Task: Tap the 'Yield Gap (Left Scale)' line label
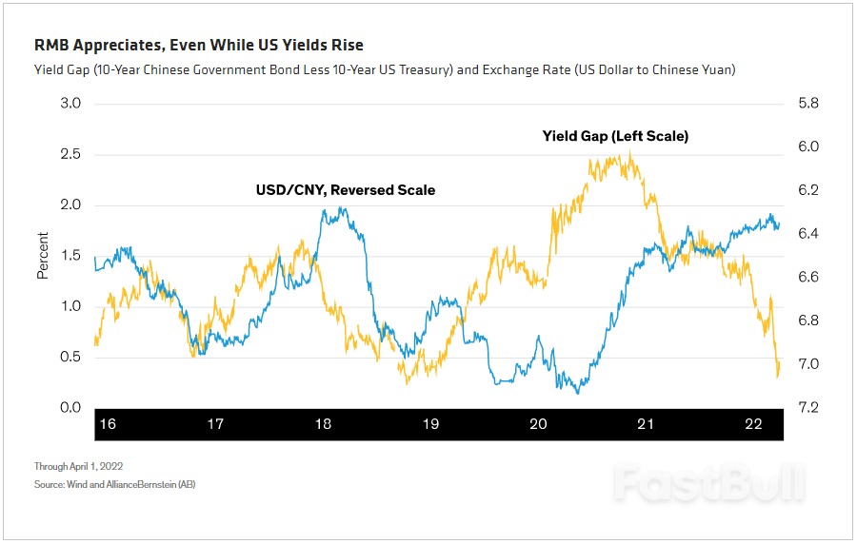coord(615,136)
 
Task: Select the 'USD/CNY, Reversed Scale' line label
coord(345,190)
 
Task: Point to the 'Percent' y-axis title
coord(43,255)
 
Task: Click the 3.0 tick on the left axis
coord(70,103)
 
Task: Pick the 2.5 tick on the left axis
coord(70,154)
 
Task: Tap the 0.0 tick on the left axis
coord(70,408)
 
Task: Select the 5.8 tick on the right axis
coord(807,103)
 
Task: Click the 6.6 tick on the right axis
coord(807,277)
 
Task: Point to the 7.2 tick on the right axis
coord(807,408)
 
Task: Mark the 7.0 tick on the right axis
coord(807,364)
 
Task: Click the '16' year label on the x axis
coord(108,424)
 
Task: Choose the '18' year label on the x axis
coord(323,424)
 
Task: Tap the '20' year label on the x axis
coord(538,424)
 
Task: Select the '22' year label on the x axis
coord(753,424)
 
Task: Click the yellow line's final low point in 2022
coord(778,377)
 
